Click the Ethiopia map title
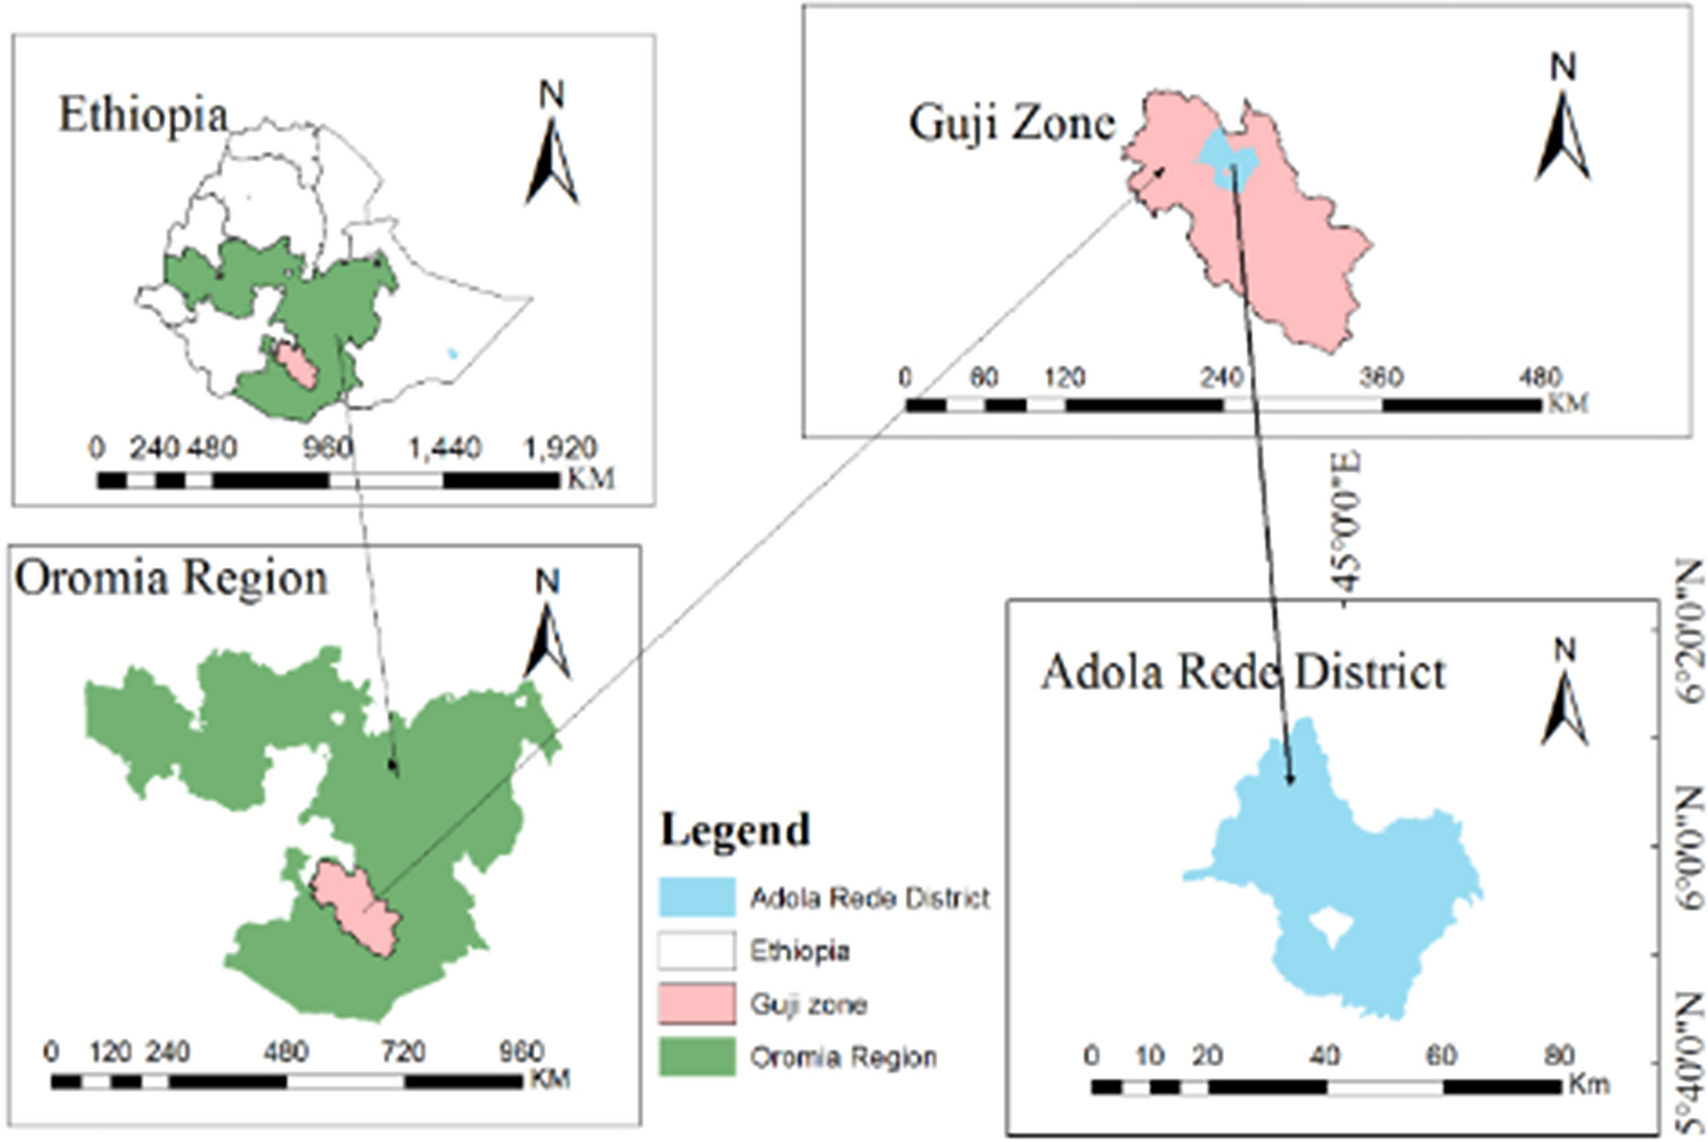[x=143, y=116]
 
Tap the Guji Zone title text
[x=1011, y=123]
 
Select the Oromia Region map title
[x=171, y=578]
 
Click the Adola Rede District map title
[x=1242, y=673]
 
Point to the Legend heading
[x=735, y=829]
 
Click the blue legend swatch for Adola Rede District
[x=697, y=897]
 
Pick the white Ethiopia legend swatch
[x=697, y=951]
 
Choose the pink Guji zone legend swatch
[x=697, y=1004]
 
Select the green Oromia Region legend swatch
[x=697, y=1057]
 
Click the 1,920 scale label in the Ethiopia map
[x=559, y=449]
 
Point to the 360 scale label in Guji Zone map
[x=1381, y=378]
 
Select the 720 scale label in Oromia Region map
[x=403, y=1051]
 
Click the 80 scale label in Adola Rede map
[x=1560, y=1055]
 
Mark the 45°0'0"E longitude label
[x=1345, y=521]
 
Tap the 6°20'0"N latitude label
[x=1689, y=631]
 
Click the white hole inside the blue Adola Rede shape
[x=1328, y=926]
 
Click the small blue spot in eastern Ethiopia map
[x=452, y=353]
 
